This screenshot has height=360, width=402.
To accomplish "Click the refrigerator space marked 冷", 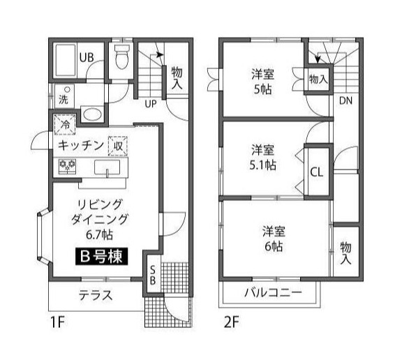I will point(64,126).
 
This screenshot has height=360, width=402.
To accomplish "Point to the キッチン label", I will point(81,145).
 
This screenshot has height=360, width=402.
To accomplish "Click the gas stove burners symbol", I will point(67,166).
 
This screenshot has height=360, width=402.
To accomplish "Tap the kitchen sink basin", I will point(108,167).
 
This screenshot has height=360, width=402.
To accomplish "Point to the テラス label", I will point(96,295).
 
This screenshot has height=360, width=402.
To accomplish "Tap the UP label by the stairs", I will point(151,105).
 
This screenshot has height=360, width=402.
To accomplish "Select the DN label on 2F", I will point(345,100).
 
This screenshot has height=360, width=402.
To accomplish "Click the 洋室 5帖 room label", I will point(262,82).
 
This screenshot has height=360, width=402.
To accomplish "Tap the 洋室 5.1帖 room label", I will point(263,158).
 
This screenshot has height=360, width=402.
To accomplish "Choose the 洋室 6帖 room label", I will point(272,238).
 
